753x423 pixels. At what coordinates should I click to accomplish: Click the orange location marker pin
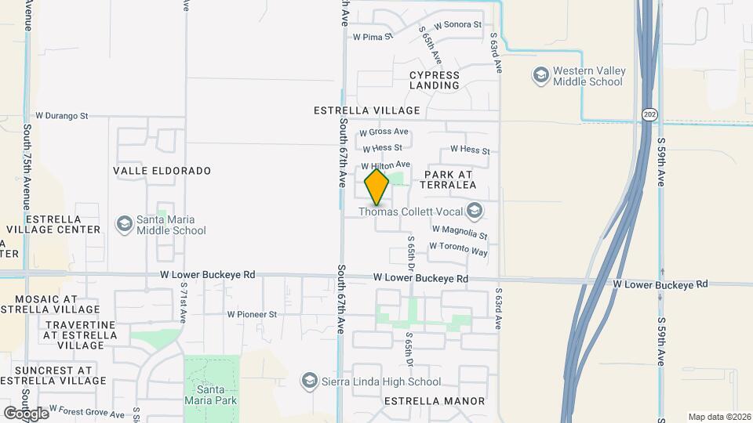coord(376,187)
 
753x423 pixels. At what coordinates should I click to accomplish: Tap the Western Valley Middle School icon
coord(540,76)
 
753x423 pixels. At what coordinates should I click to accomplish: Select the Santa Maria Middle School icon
coord(123,225)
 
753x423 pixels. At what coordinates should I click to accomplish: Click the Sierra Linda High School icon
coord(310,381)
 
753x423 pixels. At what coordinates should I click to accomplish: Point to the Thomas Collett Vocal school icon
coord(474,210)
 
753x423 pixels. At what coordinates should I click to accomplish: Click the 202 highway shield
coord(649,114)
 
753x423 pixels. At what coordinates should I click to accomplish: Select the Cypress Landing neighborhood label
coord(435,81)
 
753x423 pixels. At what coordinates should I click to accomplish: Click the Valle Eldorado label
coord(162,170)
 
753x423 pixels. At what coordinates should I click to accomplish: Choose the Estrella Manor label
coord(434,401)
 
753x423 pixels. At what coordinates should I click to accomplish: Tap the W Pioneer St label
coord(253,314)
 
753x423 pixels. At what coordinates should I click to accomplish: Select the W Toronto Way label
coord(458,248)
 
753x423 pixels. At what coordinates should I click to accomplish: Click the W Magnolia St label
coord(460,232)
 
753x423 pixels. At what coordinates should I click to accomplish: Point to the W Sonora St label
coord(457,25)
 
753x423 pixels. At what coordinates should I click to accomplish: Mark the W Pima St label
coord(373,36)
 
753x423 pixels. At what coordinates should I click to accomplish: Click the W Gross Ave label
coord(384,132)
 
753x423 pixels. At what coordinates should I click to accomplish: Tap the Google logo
coord(26,413)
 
